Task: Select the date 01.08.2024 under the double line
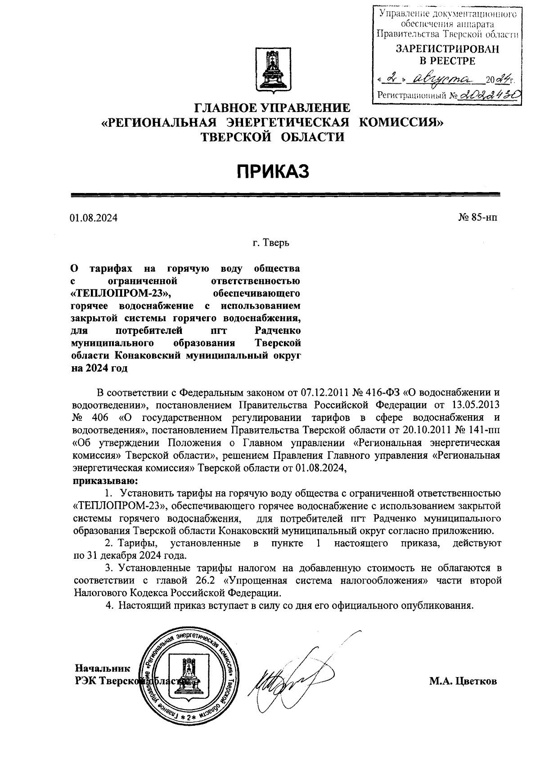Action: (x=94, y=218)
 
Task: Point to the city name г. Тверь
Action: (x=270, y=243)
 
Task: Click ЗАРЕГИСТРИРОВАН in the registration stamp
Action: (x=447, y=49)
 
